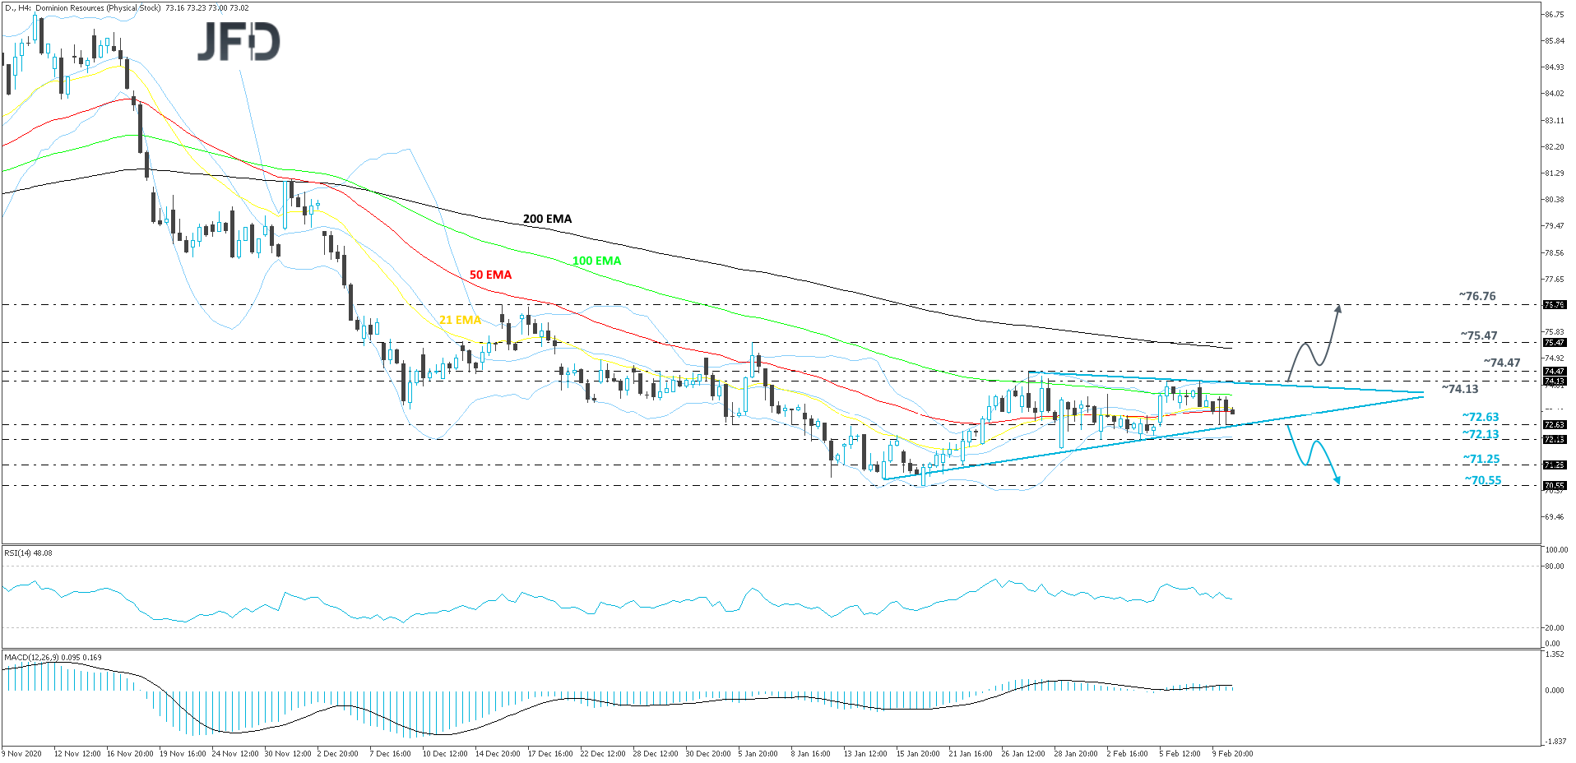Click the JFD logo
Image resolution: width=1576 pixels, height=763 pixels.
pos(239,42)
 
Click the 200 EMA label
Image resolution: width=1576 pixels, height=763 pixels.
pos(547,219)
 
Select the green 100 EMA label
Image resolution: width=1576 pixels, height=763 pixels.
pos(596,261)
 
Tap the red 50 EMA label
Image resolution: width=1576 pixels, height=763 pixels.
pos(490,275)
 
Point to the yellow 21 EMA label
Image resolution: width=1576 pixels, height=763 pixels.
pos(460,320)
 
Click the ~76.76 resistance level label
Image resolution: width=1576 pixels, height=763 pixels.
pos(1477,296)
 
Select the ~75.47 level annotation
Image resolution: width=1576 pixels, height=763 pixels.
pos(1479,335)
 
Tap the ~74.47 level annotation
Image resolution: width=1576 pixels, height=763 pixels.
pos(1502,363)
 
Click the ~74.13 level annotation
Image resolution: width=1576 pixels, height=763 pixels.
pos(1460,389)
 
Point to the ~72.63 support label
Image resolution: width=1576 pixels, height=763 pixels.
pos(1481,417)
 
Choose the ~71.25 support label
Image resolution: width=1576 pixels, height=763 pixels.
pos(1481,459)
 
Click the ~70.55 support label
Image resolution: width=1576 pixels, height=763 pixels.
pos(1483,480)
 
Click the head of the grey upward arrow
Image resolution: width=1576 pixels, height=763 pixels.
pos(1338,308)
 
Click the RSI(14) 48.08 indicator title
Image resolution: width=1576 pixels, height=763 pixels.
pos(29,553)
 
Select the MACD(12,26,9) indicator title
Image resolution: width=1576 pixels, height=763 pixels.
pos(53,657)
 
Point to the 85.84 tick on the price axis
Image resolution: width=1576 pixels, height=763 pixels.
pos(1554,41)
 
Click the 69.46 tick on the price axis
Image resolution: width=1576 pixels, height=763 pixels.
pos(1554,517)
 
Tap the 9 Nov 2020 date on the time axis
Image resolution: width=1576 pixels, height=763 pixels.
pos(22,753)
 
